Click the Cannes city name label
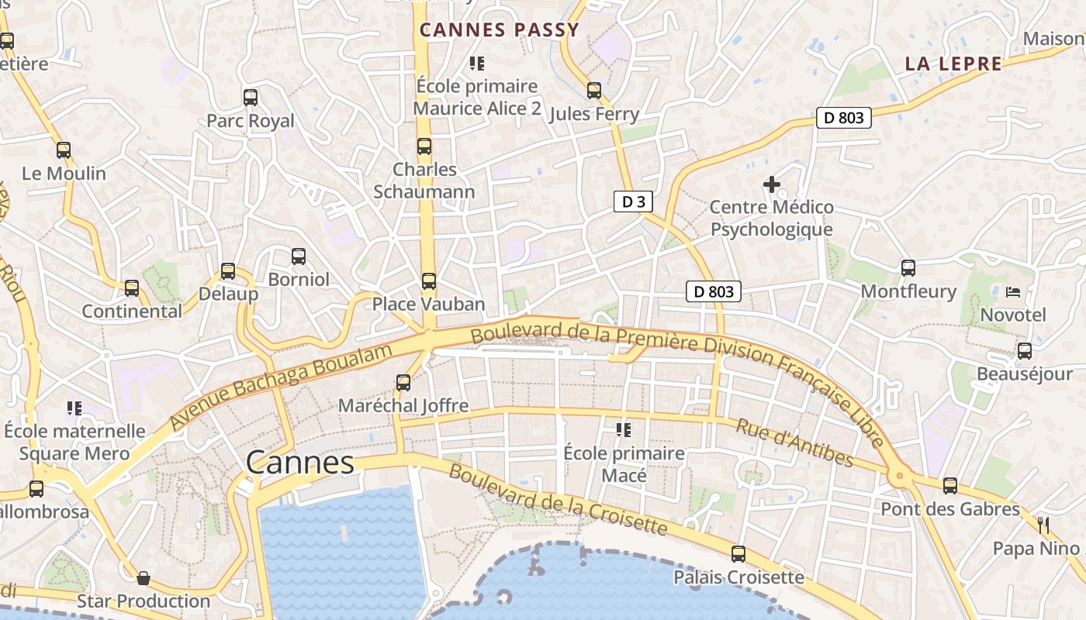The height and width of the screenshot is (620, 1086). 299,463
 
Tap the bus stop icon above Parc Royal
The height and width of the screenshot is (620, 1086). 250,98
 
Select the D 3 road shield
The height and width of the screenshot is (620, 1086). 633,202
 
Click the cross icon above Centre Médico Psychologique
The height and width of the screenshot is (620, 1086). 771,184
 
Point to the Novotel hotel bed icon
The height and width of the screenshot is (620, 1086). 1013,292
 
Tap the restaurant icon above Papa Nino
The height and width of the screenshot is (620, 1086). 1043,525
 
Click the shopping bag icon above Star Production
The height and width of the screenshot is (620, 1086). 144,578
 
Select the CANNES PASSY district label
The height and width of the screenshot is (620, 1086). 500,30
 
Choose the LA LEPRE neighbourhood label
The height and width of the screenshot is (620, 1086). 953,64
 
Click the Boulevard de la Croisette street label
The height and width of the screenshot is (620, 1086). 558,500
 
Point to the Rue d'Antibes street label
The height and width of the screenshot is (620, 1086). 794,443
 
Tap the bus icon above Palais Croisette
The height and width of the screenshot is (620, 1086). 738,554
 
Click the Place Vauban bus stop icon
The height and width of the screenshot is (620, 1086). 428,281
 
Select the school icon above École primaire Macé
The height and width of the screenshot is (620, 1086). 624,429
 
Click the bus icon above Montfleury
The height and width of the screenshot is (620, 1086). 908,268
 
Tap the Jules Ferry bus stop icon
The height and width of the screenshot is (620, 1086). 594,91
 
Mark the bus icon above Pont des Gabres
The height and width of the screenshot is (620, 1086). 950,486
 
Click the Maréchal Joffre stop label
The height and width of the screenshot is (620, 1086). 403,405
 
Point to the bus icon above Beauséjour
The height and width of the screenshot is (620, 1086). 1025,351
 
